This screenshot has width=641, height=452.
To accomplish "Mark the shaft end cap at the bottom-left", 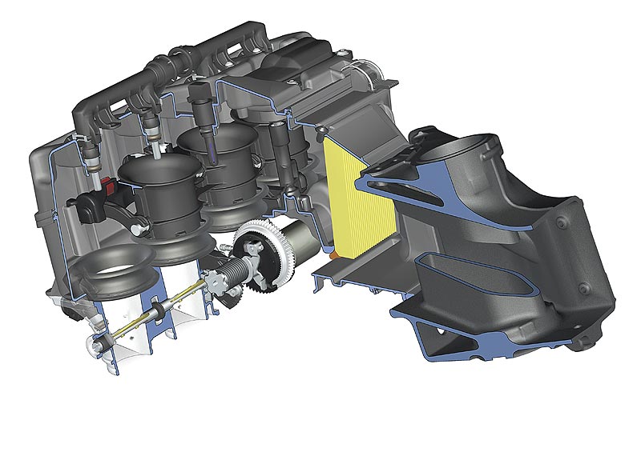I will point(95,346).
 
